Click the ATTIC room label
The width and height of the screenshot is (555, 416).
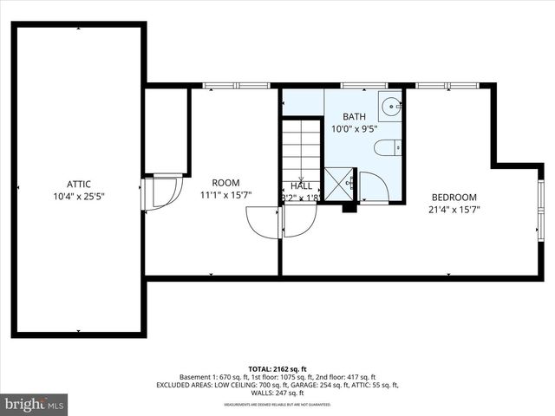pos(79,183)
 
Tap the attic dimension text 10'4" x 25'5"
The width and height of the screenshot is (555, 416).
pos(79,195)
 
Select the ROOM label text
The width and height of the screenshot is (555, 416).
pos(225,183)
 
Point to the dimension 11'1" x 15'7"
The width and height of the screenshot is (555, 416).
pos(225,195)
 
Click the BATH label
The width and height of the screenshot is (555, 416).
pos(354,117)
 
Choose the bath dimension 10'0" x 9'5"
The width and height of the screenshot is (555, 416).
pos(354,129)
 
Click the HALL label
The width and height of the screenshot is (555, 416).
pos(302,185)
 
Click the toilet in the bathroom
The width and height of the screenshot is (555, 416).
pos(387,148)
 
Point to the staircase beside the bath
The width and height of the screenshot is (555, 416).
pos(302,147)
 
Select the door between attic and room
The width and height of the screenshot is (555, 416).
pos(160,192)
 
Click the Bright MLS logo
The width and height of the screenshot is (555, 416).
pos(35,404)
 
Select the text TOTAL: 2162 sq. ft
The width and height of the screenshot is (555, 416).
pos(277,368)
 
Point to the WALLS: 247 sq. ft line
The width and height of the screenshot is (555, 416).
pos(277,393)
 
